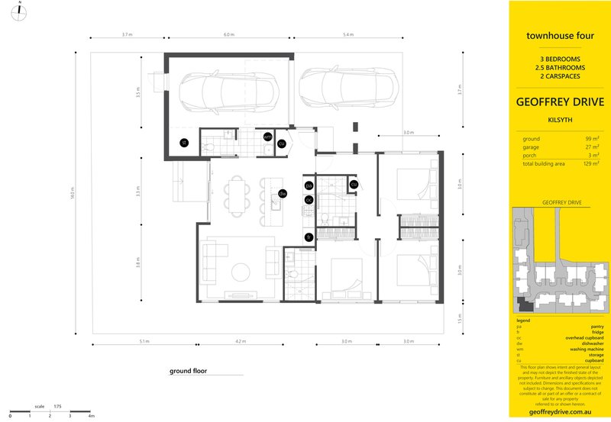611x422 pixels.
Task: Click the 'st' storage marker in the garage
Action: click(183, 142)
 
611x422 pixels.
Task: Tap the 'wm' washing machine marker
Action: click(267, 137)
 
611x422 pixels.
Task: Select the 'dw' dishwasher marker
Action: click(282, 193)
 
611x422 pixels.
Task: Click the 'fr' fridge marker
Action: click(309, 237)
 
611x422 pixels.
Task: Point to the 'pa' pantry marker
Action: click(309, 185)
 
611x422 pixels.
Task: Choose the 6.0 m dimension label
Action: click(228, 36)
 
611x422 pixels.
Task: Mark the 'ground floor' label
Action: click(189, 372)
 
